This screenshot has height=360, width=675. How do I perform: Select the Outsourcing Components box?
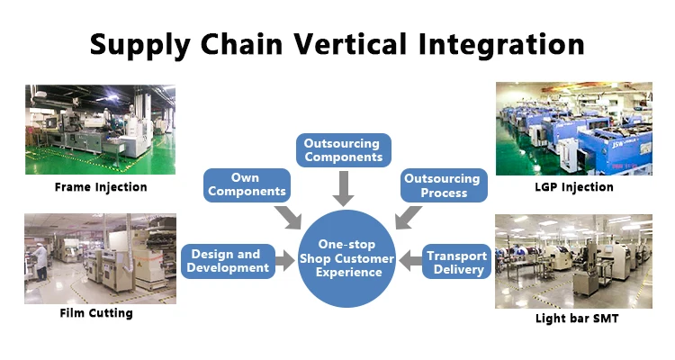click(343, 150)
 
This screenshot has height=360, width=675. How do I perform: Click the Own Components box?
click(246, 184)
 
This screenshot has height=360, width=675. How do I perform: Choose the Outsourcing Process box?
click(442, 185)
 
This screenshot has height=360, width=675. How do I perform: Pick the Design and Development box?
click(226, 261)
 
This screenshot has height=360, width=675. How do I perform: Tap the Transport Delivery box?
click(457, 262)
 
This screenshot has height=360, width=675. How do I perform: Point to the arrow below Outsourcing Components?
click(343, 189)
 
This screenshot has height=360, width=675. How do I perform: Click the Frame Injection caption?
click(100, 187)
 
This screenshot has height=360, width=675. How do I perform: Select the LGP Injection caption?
click(573, 187)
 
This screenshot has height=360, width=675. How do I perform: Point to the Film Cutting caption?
click(96, 313)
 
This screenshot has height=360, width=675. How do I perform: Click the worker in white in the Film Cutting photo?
click(41, 261)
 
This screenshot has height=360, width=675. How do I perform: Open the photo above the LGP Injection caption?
click(573, 129)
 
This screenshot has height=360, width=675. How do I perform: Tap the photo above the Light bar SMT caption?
click(573, 261)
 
